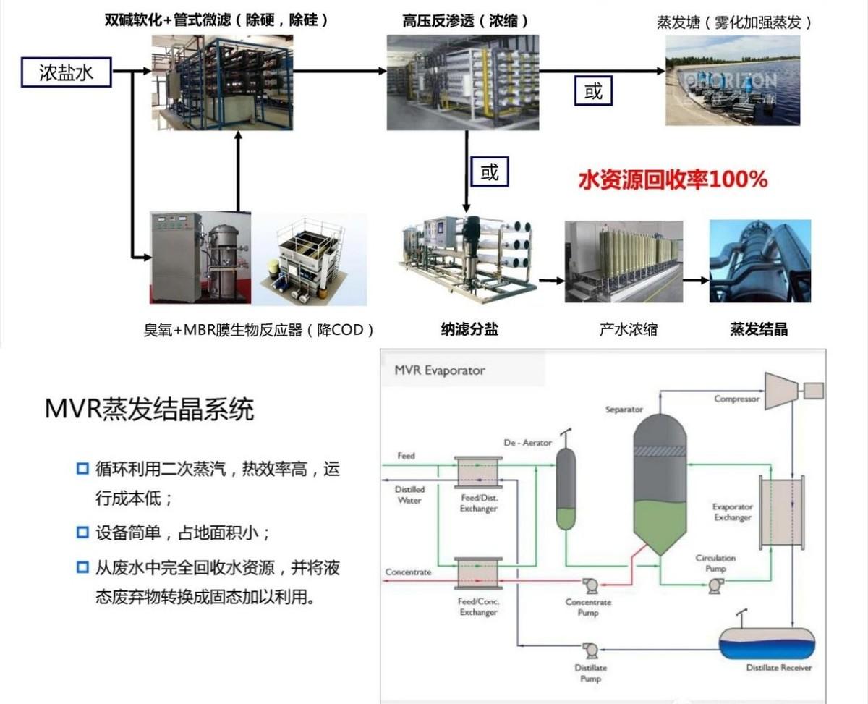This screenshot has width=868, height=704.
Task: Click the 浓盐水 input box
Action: (66, 72)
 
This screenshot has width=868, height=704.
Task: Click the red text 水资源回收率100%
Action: (673, 179)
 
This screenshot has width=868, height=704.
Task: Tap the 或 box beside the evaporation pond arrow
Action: (593, 92)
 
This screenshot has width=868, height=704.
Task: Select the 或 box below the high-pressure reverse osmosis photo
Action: (490, 172)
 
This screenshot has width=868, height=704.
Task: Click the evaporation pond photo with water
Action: (732, 80)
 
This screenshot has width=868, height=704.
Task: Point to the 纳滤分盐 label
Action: (469, 329)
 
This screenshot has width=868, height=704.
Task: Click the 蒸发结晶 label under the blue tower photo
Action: (759, 329)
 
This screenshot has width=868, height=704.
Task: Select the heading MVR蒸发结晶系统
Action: (150, 410)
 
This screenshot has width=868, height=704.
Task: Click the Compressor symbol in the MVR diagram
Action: (781, 390)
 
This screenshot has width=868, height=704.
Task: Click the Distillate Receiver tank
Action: (766, 643)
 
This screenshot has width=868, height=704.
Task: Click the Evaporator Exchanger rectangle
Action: (780, 512)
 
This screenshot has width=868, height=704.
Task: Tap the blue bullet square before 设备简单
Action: (82, 533)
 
